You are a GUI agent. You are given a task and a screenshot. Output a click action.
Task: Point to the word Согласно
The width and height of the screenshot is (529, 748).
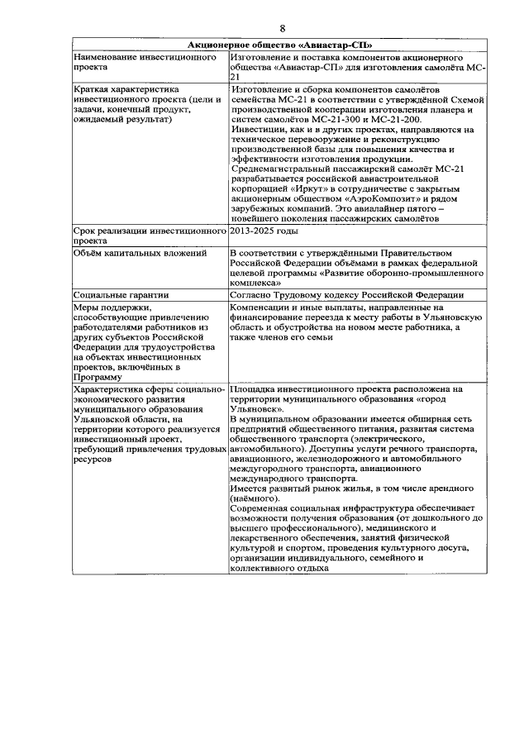tap(255, 293)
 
